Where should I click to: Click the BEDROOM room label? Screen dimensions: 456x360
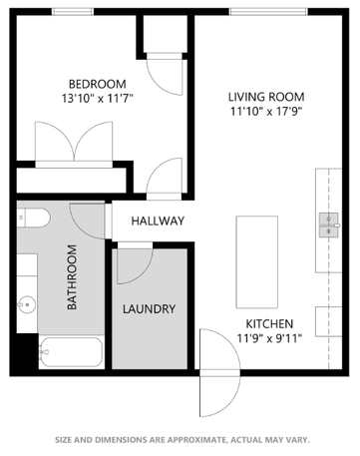(96, 83)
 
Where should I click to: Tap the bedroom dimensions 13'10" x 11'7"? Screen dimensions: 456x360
(96, 98)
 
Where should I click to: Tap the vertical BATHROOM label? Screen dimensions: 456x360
(72, 278)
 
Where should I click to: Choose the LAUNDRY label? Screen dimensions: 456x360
(150, 309)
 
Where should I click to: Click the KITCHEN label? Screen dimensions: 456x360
(269, 323)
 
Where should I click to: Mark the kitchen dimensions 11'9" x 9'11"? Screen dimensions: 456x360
(269, 339)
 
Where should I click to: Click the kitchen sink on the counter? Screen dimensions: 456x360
(327, 223)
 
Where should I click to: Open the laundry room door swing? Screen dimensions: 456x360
(135, 261)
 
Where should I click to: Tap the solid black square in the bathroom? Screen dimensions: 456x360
(25, 351)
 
